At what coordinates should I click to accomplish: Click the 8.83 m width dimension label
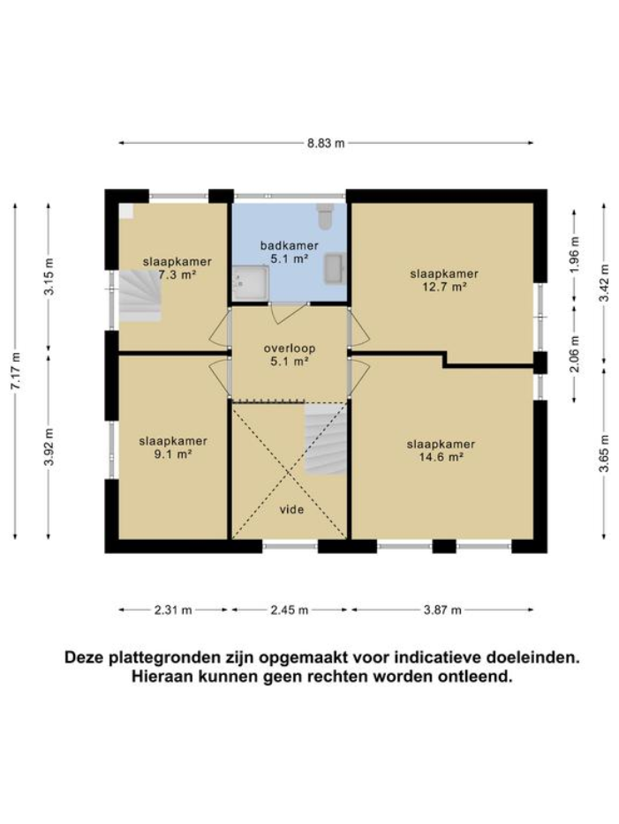click(326, 144)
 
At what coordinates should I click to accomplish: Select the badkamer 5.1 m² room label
click(289, 252)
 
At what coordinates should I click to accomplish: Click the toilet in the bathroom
click(326, 213)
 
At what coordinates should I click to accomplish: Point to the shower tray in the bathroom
click(251, 282)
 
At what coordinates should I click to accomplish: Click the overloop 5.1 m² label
click(289, 355)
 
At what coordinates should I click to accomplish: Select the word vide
click(291, 510)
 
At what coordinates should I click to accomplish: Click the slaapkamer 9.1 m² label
click(173, 447)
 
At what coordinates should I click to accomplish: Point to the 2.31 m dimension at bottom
click(174, 610)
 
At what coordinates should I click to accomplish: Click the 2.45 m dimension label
click(290, 610)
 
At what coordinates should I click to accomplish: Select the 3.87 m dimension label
click(442, 610)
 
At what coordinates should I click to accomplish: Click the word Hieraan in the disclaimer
click(158, 678)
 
